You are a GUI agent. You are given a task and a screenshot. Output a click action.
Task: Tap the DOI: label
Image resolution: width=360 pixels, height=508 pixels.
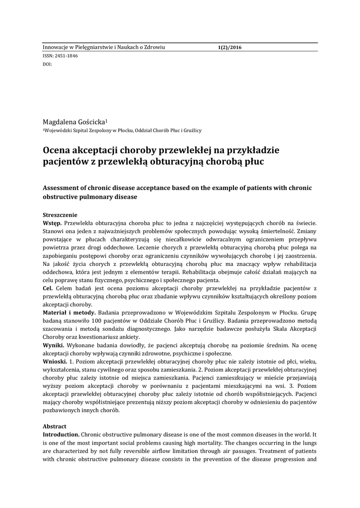click(x=48, y=64)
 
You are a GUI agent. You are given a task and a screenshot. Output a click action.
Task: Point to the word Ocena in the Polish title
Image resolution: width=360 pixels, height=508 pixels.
click(x=59, y=149)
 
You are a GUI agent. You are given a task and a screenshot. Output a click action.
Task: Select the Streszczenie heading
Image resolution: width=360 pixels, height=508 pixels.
click(x=60, y=215)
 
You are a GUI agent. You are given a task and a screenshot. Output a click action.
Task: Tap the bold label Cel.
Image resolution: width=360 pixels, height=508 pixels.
click(x=48, y=288)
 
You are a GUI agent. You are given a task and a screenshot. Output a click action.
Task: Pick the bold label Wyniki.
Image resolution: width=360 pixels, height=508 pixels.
click(x=53, y=345)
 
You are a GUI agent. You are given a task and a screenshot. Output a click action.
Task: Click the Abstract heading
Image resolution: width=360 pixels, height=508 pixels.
click(x=54, y=426)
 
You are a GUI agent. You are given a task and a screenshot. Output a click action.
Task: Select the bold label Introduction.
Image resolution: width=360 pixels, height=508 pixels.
click(x=61, y=434)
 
